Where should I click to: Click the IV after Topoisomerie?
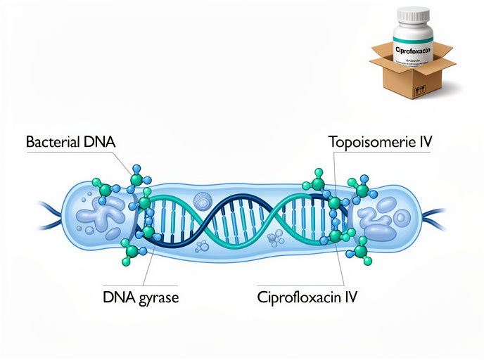pos(424,141)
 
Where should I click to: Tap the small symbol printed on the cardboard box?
pos(421,91)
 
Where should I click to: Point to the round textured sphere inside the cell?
pos(203,202)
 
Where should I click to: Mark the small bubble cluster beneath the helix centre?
pos(203,247)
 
